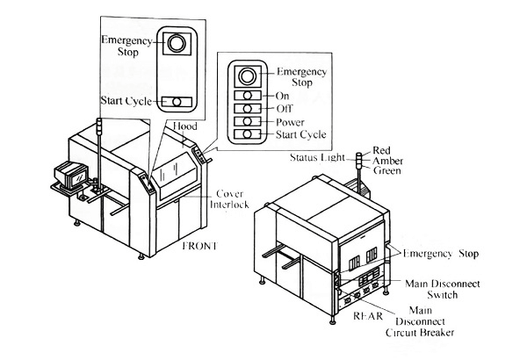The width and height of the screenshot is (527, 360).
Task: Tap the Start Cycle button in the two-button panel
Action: [x=177, y=102]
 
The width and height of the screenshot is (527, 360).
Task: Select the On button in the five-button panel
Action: [x=249, y=95]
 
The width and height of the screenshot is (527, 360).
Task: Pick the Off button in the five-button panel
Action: [x=249, y=108]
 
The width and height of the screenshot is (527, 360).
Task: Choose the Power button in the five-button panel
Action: [x=249, y=121]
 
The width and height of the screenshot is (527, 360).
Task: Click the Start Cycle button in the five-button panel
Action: [x=249, y=134]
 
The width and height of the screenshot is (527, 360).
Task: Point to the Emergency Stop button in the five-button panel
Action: [x=250, y=74]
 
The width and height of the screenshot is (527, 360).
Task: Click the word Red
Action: [x=381, y=150]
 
